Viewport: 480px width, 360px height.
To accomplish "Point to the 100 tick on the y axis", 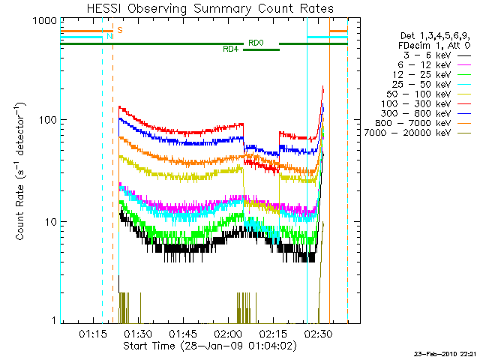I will (46, 120).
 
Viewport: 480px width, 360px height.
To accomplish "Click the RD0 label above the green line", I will (255, 43).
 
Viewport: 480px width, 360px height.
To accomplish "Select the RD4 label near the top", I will (231, 49).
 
